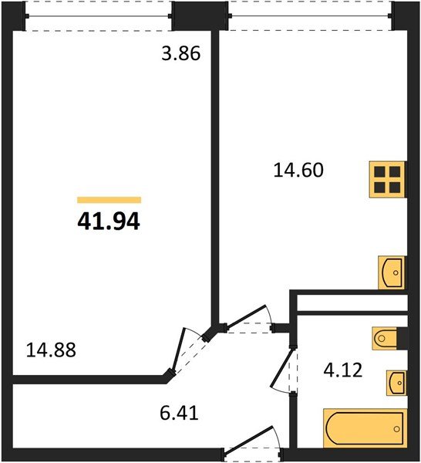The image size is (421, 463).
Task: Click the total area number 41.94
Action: point(109,222)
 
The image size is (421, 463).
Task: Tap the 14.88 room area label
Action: point(52,349)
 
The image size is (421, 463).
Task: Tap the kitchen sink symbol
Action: point(392,272)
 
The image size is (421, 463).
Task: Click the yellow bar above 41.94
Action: point(109,200)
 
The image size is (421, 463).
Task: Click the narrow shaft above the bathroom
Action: point(351,302)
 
